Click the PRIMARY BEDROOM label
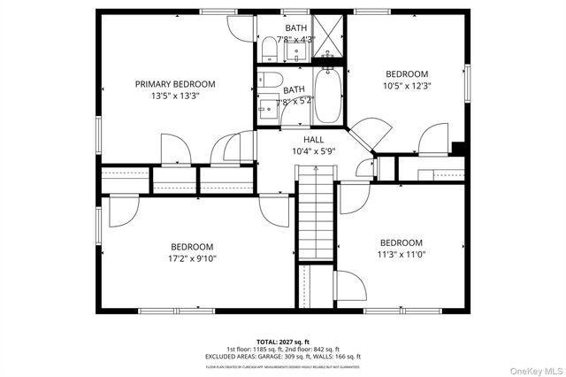click(x=175, y=84)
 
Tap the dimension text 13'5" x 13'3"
click(x=175, y=96)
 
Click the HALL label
click(x=314, y=140)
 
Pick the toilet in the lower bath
click(x=268, y=82)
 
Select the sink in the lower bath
click(x=268, y=109)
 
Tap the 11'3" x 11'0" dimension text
click(x=402, y=255)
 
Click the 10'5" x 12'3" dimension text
click(x=407, y=86)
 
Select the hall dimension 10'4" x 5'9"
click(x=314, y=151)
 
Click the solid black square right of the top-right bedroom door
click(x=456, y=149)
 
